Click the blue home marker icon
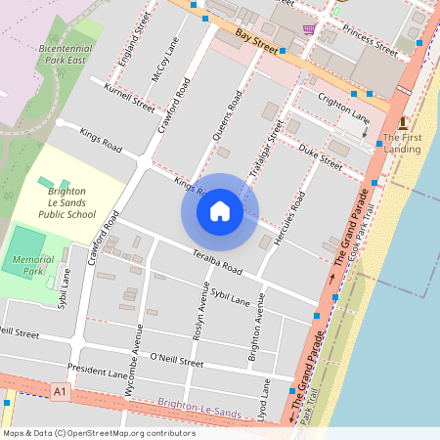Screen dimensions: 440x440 [x=220, y=211]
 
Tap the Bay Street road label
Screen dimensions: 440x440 [x=256, y=40]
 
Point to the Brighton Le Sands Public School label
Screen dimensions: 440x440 [x=66, y=202]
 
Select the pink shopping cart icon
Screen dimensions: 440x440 [x=309, y=29]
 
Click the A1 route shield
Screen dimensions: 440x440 [x=62, y=391]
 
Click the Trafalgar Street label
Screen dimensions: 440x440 [x=266, y=149]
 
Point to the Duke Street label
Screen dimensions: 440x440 [x=321, y=157]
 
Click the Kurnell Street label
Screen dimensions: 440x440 [x=129, y=98]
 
